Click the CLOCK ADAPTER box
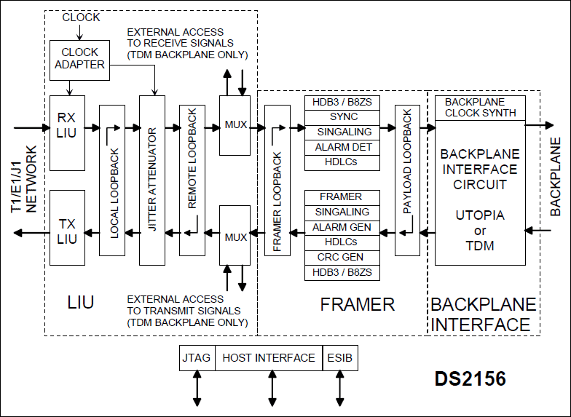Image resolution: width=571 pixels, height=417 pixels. click(79, 59)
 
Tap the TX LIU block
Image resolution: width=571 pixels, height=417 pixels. click(67, 227)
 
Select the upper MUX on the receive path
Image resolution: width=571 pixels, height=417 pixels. click(235, 124)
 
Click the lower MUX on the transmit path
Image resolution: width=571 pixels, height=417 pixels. click(235, 237)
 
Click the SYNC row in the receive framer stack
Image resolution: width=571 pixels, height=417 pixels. click(342, 117)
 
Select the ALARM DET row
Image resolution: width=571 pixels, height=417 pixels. click(342, 147)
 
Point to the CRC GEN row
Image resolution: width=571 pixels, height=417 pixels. click(342, 257)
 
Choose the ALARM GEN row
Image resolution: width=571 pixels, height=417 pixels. click(342, 227)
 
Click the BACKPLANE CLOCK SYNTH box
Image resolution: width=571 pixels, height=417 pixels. click(479, 108)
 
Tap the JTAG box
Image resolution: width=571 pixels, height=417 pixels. click(197, 358)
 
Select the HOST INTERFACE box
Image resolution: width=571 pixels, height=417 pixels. click(269, 358)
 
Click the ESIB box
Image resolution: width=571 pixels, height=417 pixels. click(339, 358)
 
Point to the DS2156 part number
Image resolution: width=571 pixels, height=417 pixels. click(470, 379)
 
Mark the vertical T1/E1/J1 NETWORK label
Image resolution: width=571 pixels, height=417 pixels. click(24, 178)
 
